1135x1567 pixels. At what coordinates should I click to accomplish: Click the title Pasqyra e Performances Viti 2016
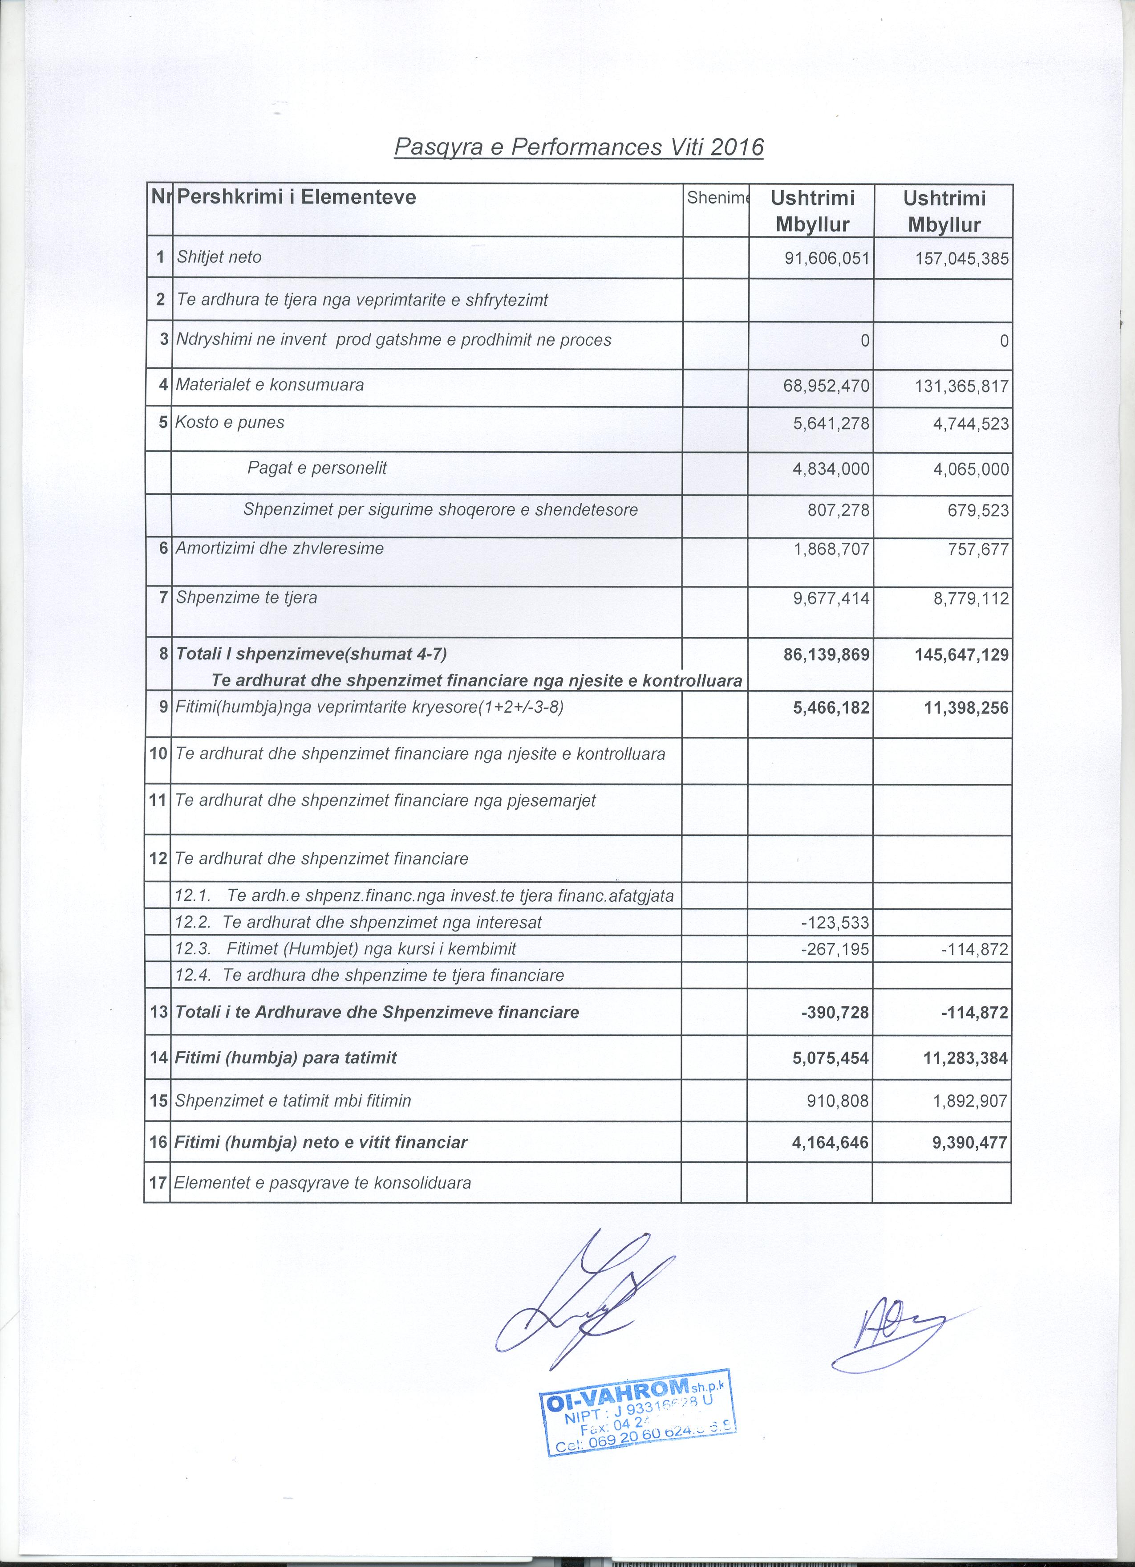(x=579, y=147)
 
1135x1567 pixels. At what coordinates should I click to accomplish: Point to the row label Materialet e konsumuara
(x=269, y=385)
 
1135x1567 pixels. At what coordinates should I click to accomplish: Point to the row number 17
(x=158, y=1183)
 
